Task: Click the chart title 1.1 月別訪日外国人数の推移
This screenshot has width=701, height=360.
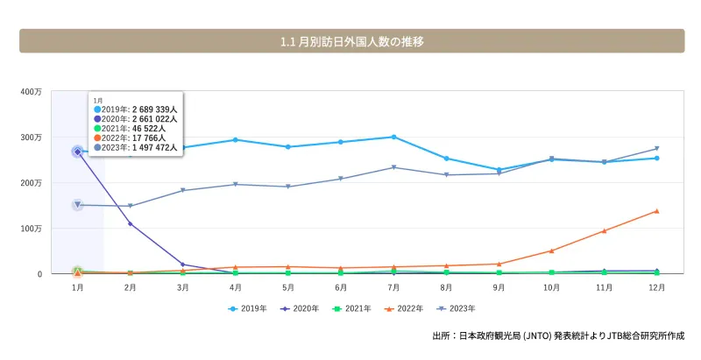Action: tap(351, 41)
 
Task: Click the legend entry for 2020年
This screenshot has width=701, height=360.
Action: tap(299, 308)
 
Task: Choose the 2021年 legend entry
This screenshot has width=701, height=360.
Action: tap(353, 308)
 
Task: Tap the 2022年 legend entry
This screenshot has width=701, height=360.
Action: tap(407, 308)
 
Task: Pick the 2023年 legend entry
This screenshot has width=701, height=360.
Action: tap(461, 308)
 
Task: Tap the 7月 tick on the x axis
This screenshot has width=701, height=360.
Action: tap(393, 286)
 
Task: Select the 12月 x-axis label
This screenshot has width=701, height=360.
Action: tap(656, 286)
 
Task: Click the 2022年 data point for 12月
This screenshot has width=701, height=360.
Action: tap(656, 211)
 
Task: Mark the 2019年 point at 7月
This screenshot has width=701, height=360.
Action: tap(393, 137)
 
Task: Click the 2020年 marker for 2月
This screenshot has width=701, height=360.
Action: tap(131, 224)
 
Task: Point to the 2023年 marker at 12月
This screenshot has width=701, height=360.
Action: tap(656, 149)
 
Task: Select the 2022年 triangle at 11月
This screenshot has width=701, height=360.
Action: tap(604, 231)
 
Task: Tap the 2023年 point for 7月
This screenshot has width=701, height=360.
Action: tap(393, 167)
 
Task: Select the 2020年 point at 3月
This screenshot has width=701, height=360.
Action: tap(183, 265)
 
